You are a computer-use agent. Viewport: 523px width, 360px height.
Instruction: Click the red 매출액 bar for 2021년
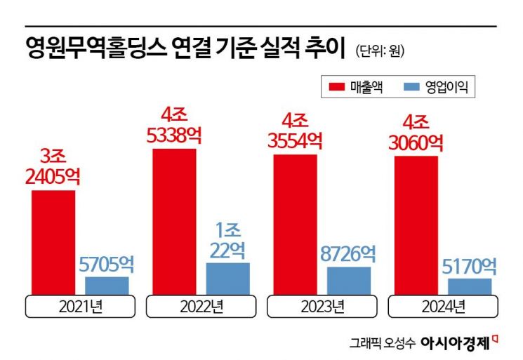coord(53,242)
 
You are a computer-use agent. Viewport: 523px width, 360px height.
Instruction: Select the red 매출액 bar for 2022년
coord(175,221)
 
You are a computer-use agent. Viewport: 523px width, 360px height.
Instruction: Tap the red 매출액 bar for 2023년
coord(295,225)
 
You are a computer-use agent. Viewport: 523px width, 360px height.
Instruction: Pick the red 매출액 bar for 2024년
coord(416,226)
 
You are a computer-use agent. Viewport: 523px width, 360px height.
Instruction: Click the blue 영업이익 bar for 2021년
coord(107,286)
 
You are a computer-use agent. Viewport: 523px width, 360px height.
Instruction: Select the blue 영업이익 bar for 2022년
coord(227,279)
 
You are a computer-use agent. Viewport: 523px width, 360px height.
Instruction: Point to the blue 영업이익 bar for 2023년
coord(349,281)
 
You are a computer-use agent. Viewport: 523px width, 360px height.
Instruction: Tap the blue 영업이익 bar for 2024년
coord(470,286)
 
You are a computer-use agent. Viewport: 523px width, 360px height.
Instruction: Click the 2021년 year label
coord(81,307)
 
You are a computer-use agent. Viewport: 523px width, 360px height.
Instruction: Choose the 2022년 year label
coord(201,307)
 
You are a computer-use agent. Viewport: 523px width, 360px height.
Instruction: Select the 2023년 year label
coord(322,307)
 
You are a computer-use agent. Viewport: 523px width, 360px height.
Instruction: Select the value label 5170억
coord(470,267)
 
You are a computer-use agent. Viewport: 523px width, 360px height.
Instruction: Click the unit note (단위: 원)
coord(380,51)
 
